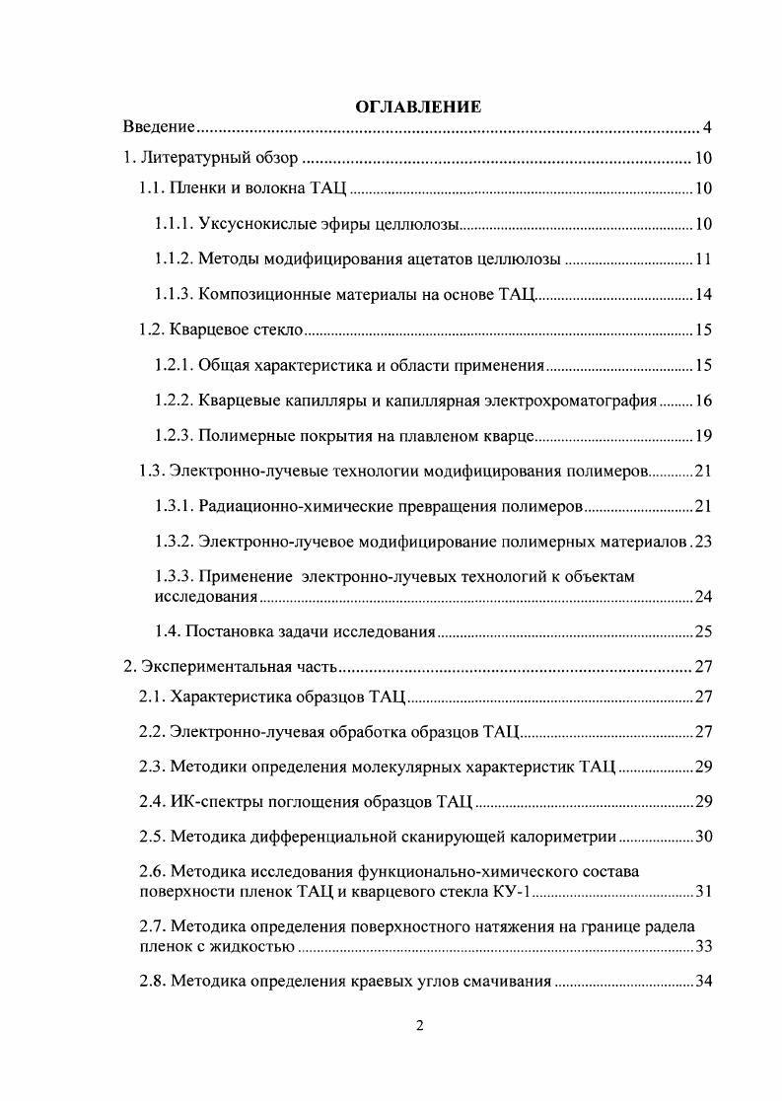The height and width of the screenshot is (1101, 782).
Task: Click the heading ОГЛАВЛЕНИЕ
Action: pos(418,107)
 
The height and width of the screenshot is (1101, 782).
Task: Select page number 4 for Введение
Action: pos(707,127)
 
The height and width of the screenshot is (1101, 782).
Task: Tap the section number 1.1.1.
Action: pos(174,224)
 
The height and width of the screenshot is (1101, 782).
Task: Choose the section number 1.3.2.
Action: pos(174,541)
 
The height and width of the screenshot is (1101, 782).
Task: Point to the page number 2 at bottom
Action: pos(419,1026)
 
